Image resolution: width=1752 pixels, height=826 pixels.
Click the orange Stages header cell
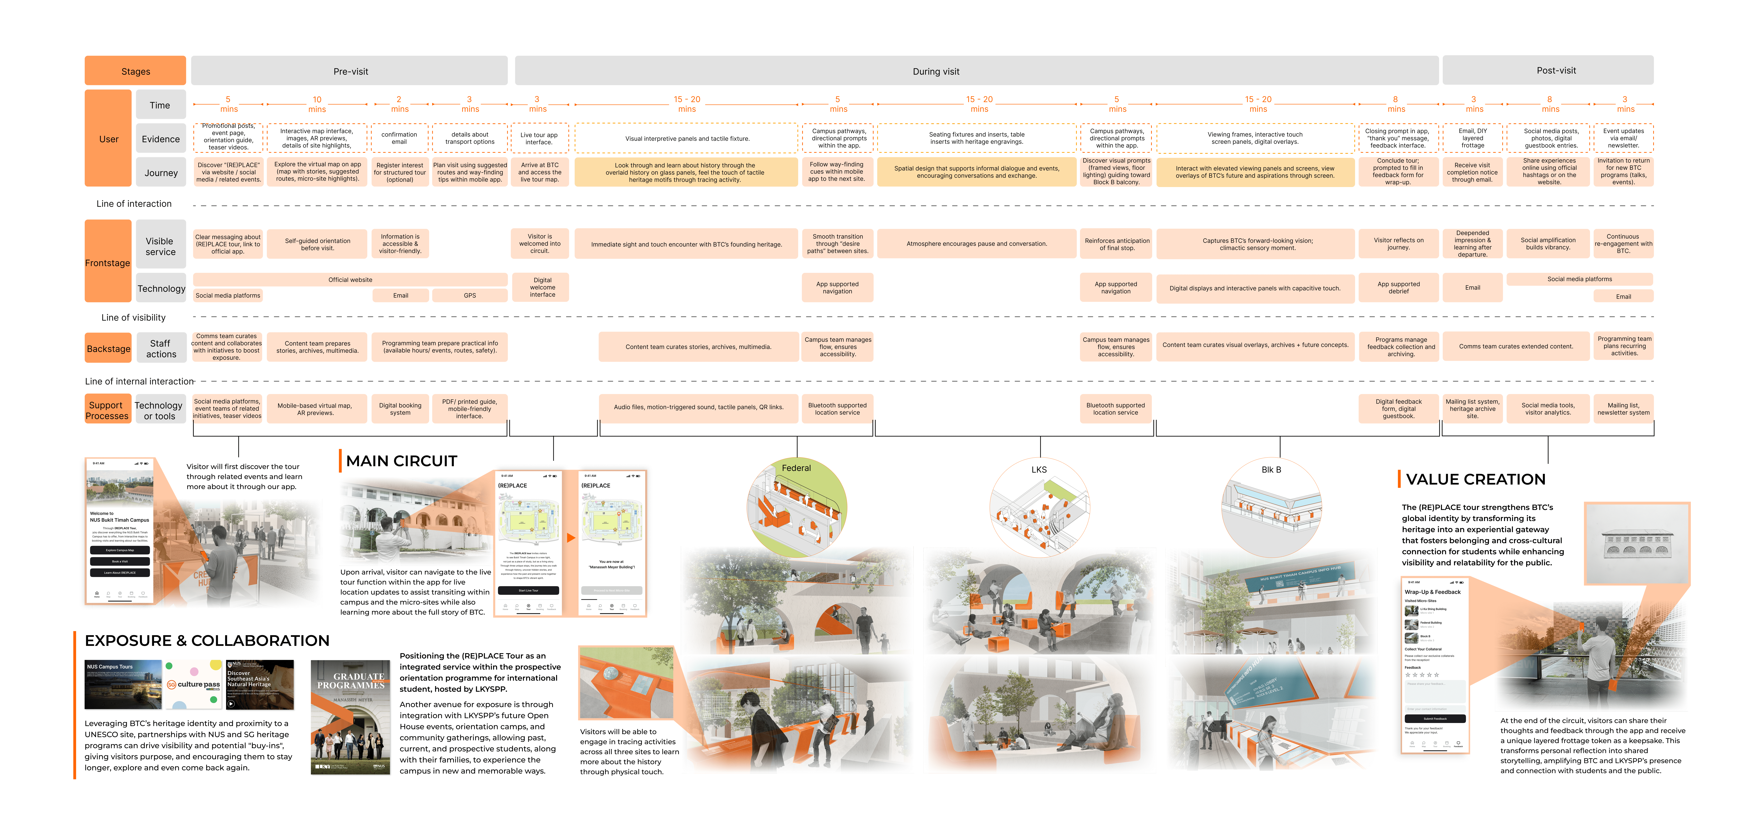(x=135, y=71)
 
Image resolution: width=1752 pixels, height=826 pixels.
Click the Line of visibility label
(x=133, y=317)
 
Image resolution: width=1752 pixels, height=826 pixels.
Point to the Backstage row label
(x=108, y=349)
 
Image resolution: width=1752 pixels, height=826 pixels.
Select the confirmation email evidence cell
(x=399, y=138)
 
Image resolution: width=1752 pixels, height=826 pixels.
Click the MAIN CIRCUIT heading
(x=401, y=461)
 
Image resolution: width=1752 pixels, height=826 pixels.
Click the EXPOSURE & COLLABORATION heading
(x=207, y=640)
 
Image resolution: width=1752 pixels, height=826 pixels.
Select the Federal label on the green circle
(x=796, y=468)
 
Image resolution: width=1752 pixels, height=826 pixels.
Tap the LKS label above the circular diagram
(x=1039, y=469)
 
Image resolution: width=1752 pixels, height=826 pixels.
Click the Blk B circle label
(x=1270, y=469)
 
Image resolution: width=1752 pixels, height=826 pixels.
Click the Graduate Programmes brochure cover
(x=350, y=717)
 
